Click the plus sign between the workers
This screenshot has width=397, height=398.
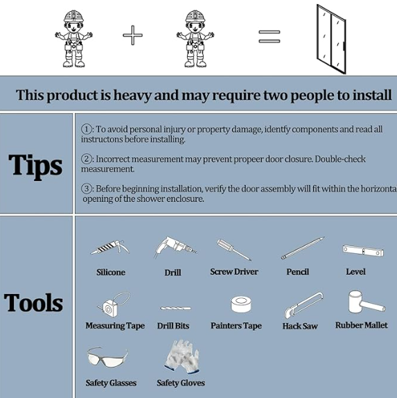[x=132, y=35]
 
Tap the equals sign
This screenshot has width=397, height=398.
[x=269, y=37]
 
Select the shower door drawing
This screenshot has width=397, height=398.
[x=331, y=40]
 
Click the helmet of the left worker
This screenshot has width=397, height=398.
[x=73, y=16]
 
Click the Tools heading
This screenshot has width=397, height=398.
[x=33, y=302]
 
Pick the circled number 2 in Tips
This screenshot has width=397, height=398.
[x=87, y=159]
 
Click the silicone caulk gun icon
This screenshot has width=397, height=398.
[x=110, y=248]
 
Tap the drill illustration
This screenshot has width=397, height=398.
[x=175, y=248]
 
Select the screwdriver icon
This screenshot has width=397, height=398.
[x=234, y=250]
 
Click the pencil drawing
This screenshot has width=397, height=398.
[x=303, y=248]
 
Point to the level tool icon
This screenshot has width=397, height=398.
[x=363, y=250]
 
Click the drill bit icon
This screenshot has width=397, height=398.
[x=175, y=308]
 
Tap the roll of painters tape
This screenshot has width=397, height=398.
[x=241, y=304]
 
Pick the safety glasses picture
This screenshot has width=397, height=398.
[x=107, y=357]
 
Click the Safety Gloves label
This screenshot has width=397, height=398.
[x=181, y=383]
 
